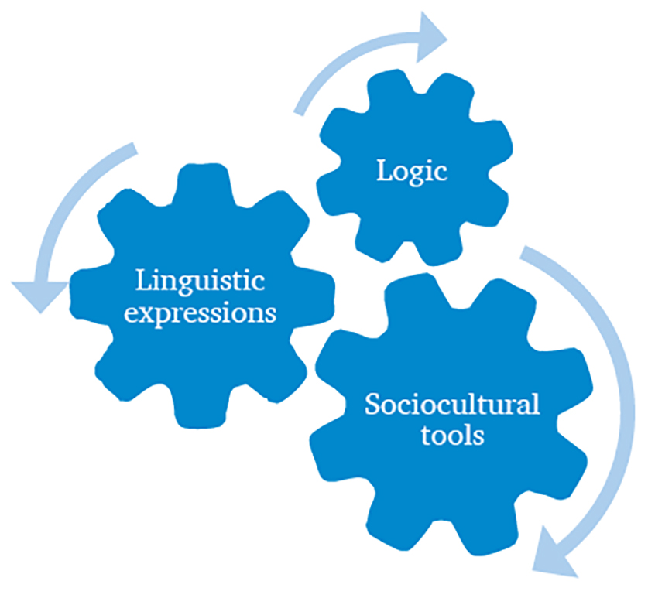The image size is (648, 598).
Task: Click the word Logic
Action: (x=412, y=172)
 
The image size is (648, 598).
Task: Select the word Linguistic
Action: (x=200, y=281)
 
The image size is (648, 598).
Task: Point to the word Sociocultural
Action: (x=452, y=405)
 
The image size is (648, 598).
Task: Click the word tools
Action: (x=453, y=435)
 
